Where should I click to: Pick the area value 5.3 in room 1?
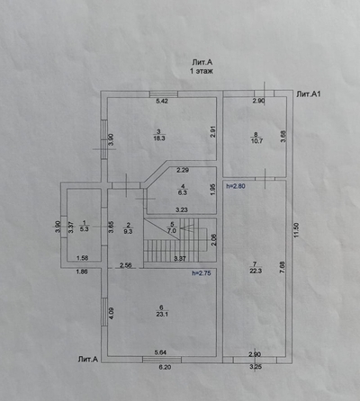85,229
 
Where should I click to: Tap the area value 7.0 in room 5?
172,231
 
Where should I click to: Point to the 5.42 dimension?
162,102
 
